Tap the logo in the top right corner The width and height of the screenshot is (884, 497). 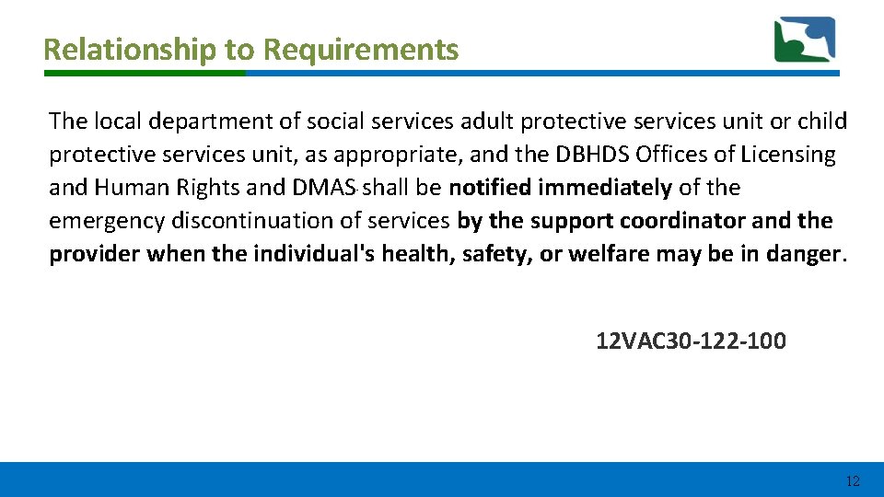(804, 40)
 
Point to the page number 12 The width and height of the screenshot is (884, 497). (852, 480)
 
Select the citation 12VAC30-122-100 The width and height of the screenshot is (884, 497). (691, 341)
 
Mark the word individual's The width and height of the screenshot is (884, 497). (305, 254)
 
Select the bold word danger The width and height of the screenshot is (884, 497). (805, 254)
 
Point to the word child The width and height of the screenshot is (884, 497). (822, 121)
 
